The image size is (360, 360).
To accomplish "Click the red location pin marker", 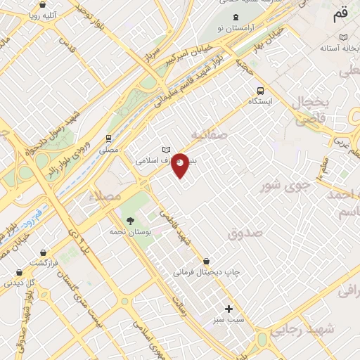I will [181, 165].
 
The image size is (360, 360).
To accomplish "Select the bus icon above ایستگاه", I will [261, 90].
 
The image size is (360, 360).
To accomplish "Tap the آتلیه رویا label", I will [42, 14].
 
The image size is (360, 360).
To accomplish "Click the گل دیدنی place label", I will [20, 283].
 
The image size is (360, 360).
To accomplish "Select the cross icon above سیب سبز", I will [229, 309].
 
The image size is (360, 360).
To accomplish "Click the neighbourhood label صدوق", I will [245, 233].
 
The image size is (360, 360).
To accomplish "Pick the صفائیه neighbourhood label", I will [210, 134].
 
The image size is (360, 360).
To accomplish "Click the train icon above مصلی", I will [108, 139].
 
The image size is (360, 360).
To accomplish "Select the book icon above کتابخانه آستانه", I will [342, 37].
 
